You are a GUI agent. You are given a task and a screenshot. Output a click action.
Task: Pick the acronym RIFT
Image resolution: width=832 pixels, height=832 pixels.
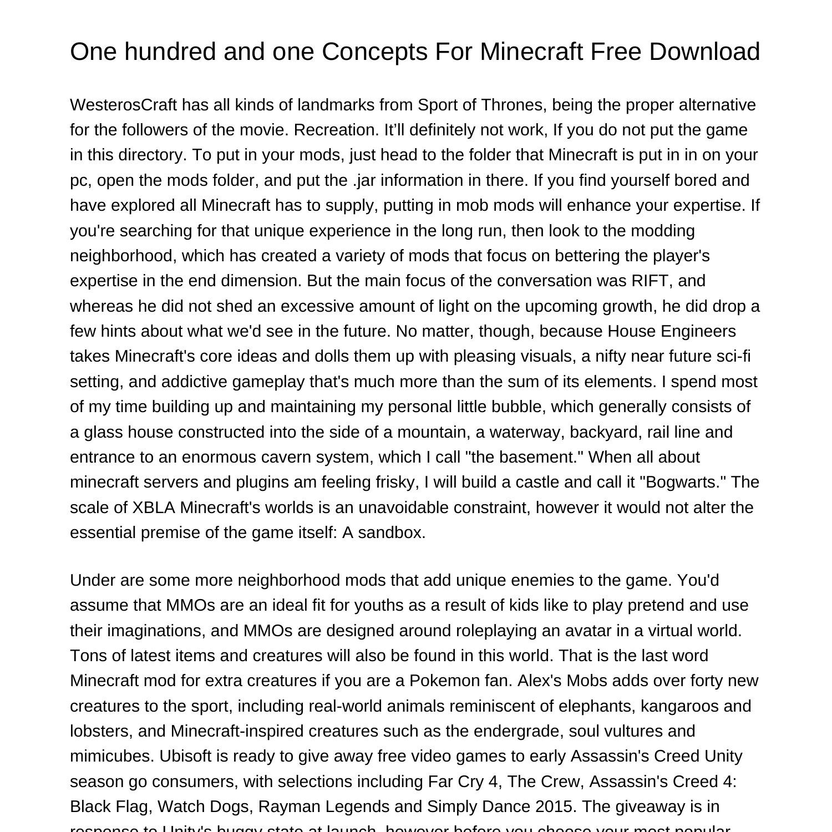tap(651, 281)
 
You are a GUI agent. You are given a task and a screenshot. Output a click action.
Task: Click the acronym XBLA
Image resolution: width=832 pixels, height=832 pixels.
tap(154, 508)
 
